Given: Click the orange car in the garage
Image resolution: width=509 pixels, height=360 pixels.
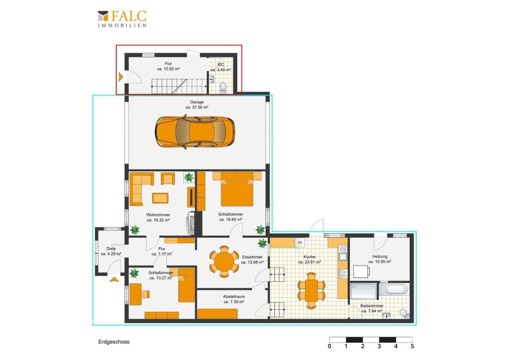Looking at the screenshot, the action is click(x=195, y=132).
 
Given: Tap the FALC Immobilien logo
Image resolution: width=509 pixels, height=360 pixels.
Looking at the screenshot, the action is click(x=122, y=19).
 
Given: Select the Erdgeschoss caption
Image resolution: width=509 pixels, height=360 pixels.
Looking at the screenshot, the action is click(x=114, y=342).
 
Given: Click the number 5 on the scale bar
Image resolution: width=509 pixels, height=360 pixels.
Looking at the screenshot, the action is click(x=412, y=347).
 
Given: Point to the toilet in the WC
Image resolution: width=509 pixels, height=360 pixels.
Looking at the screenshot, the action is click(x=223, y=87).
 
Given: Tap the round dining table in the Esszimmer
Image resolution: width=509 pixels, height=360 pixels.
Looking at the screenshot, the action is click(x=224, y=262).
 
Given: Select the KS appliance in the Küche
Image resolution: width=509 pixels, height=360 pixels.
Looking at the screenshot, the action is click(x=300, y=243).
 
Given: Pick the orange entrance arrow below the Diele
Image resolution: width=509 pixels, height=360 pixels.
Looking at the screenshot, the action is click(x=114, y=279).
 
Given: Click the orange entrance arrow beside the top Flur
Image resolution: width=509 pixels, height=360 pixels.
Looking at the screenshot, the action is click(x=121, y=77).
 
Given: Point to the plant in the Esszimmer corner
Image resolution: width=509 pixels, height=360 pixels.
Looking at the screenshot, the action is click(x=262, y=243).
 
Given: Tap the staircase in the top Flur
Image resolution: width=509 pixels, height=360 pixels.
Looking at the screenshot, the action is click(x=179, y=86).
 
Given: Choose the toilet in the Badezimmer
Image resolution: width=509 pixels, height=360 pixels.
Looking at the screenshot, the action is click(x=404, y=314).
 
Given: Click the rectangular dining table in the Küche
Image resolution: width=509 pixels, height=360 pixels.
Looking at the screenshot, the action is click(x=311, y=290).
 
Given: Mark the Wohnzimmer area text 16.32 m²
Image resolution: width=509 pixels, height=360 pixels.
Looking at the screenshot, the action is click(x=158, y=220).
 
